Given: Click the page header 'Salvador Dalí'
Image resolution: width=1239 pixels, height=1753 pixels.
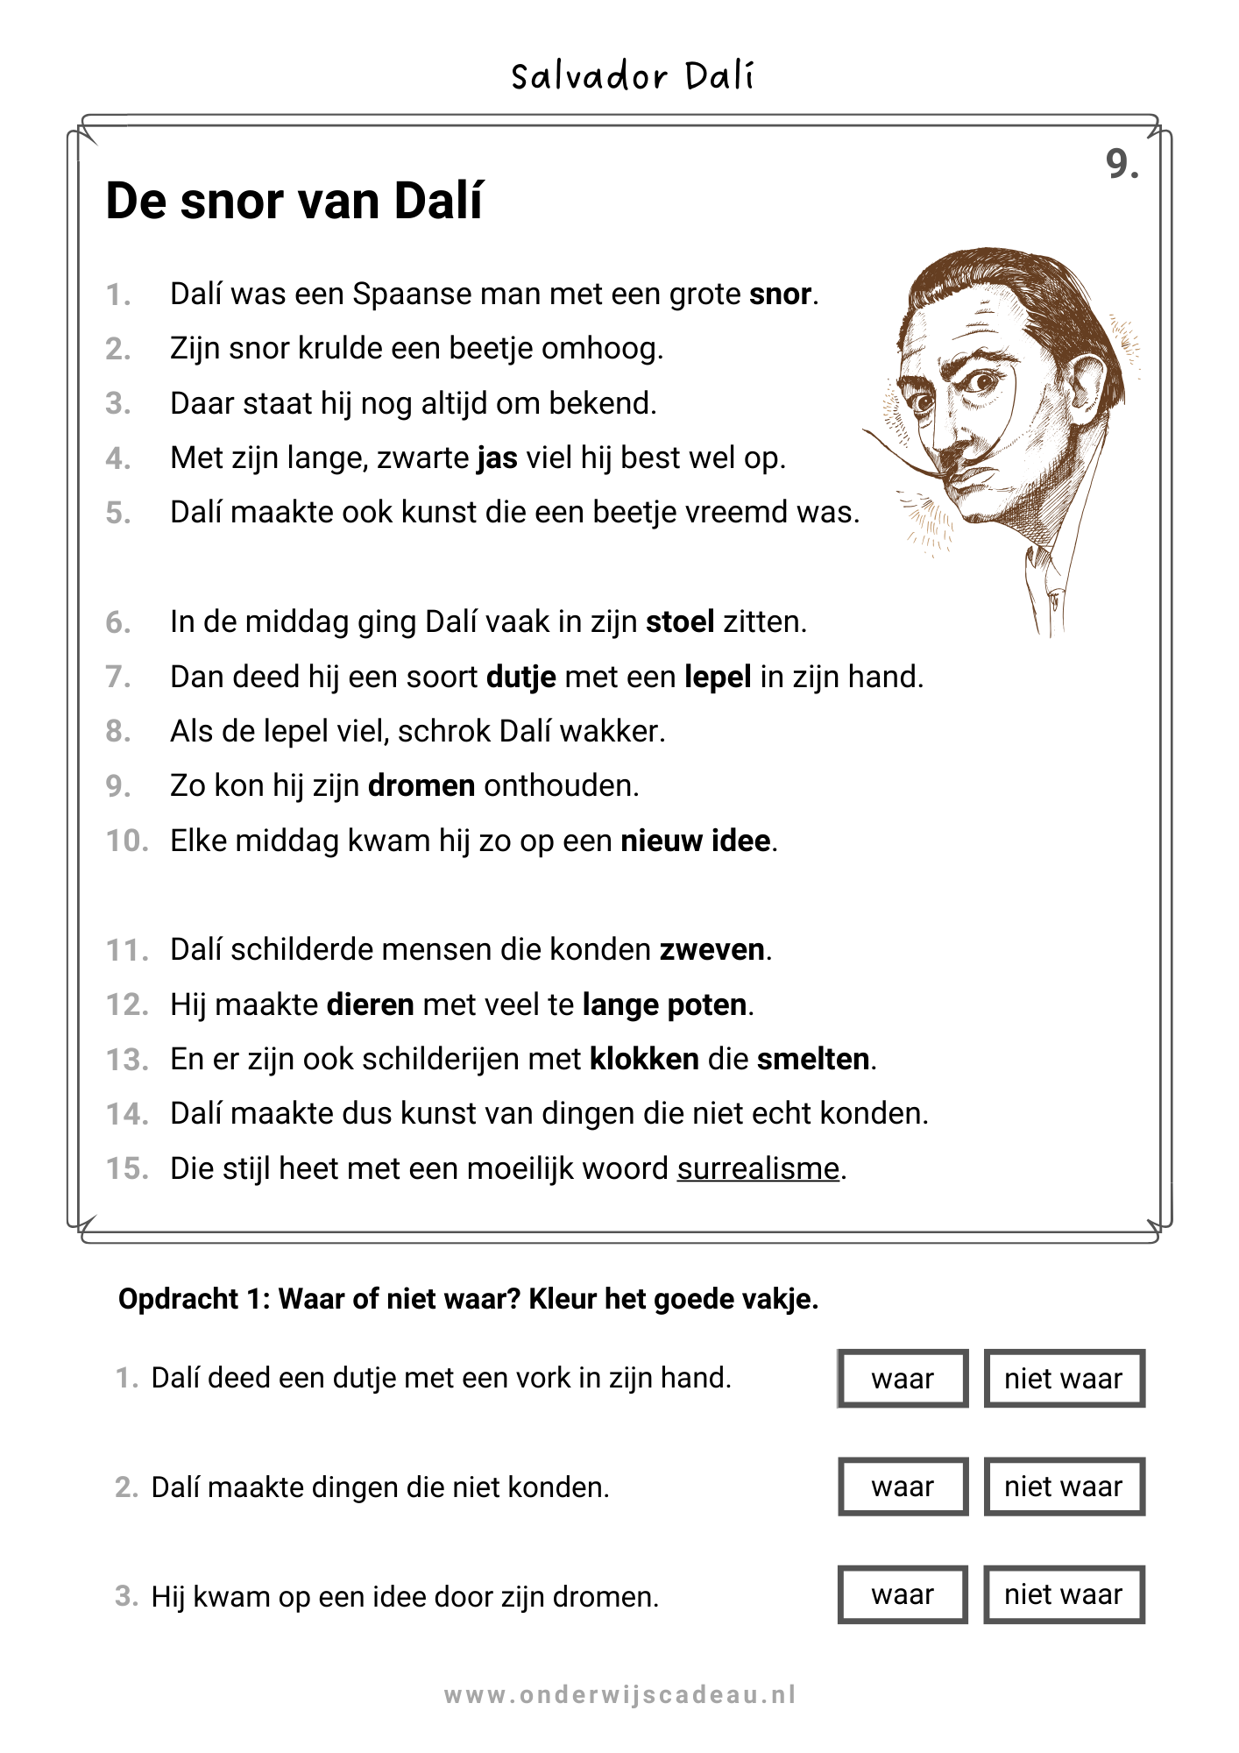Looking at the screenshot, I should tap(632, 77).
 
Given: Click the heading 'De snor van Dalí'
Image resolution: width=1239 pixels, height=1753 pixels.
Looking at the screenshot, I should tap(294, 201).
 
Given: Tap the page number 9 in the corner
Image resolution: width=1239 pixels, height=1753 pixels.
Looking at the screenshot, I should tap(1122, 164).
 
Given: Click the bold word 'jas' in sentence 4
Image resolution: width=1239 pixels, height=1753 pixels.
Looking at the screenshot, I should tap(497, 458).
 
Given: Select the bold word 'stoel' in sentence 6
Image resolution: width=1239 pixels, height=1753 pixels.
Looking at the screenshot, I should tap(680, 622).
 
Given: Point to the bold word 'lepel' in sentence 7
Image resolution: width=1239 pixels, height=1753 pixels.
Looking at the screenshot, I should tap(718, 678).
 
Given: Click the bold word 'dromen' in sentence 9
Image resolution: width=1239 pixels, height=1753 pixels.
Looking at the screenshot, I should tap(421, 786).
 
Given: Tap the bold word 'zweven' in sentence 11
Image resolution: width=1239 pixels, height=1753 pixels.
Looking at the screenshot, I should tap(712, 950).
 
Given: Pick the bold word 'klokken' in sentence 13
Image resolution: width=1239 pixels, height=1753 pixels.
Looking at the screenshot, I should tap(644, 1060).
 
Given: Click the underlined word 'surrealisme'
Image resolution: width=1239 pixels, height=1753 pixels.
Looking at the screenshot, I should tap(758, 1169).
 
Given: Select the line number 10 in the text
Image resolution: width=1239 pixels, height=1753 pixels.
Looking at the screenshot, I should tap(127, 841).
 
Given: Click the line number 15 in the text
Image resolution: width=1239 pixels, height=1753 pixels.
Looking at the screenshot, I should tap(127, 1169).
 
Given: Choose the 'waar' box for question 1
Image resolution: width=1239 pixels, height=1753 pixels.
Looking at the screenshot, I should tap(903, 1379).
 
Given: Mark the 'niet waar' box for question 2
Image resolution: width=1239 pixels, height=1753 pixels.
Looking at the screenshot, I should tap(1064, 1487).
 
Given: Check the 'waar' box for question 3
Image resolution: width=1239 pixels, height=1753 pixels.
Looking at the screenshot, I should tap(903, 1595).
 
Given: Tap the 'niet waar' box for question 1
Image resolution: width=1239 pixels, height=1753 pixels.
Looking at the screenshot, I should tap(1064, 1379).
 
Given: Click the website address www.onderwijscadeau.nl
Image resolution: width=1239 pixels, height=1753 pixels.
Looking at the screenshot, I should tap(619, 1695).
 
